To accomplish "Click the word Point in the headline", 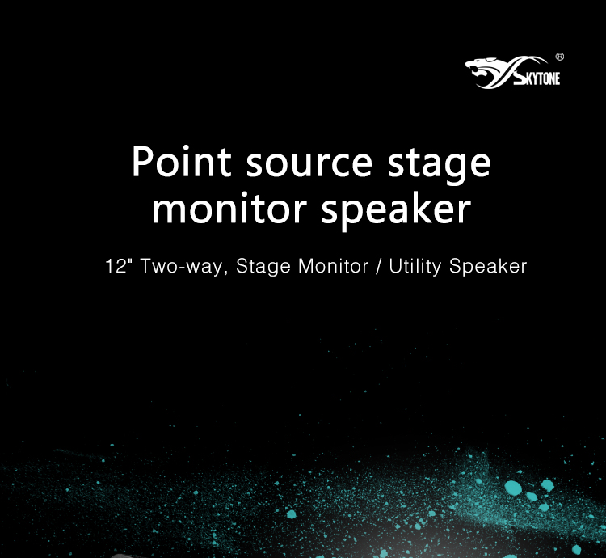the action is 182,161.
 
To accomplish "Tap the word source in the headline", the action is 309,164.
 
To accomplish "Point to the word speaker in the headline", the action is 397,212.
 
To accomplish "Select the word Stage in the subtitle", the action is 263,267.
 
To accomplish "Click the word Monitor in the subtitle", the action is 334,266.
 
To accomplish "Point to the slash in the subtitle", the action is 379,266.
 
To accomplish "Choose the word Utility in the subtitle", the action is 415,267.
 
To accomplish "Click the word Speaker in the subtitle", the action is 488,267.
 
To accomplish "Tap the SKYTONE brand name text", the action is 538,78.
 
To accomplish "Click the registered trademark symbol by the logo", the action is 560,57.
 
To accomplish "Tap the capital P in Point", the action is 142,161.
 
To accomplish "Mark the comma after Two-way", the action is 225,273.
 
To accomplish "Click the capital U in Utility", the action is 396,266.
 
